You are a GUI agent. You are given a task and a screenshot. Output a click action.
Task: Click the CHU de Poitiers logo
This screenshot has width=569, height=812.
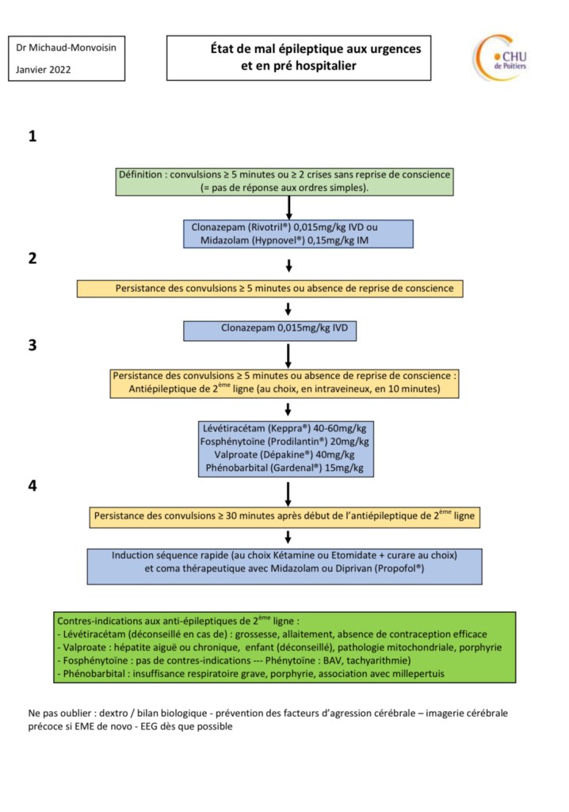500,58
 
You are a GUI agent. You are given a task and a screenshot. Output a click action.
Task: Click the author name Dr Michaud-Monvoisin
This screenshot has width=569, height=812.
66,48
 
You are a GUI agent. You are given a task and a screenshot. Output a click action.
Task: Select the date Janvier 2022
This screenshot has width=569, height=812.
43,70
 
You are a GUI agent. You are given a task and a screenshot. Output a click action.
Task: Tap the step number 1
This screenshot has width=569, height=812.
32,136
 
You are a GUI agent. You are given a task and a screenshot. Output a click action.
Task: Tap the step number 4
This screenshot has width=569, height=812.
32,486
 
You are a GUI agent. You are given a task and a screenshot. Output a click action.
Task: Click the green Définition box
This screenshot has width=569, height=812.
284,182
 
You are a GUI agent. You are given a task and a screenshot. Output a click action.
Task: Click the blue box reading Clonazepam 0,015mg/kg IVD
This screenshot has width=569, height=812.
269,331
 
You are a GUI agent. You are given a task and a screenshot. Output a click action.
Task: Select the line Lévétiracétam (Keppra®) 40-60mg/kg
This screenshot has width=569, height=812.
284,428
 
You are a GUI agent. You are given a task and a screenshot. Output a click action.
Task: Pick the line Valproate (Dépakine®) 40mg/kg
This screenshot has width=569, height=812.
284,454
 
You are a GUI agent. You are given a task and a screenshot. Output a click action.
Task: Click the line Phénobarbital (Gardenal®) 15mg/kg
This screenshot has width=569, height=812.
284,468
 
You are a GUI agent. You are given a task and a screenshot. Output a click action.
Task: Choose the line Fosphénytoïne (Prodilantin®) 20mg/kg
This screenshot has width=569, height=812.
284,442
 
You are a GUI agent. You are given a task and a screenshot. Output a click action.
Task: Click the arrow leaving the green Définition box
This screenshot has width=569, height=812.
289,208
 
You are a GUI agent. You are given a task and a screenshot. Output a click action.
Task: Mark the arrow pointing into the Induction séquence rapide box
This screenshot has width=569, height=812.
288,537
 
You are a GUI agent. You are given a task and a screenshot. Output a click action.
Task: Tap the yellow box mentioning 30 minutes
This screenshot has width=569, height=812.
284,516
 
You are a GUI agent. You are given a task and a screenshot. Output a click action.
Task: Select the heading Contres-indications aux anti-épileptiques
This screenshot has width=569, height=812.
178,620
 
